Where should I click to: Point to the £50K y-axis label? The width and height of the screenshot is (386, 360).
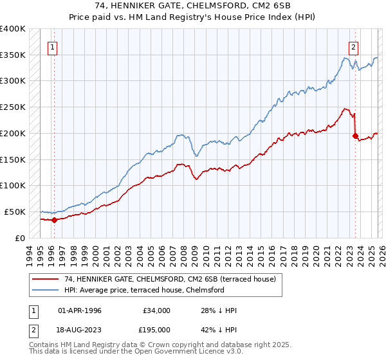15,212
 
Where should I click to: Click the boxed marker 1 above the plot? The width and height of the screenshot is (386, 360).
52,46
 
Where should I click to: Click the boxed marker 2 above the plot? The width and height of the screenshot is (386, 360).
354,46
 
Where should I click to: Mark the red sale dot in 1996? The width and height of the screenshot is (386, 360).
54,220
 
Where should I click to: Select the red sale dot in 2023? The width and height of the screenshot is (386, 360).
355,136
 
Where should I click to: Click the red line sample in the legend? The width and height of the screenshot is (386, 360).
46,279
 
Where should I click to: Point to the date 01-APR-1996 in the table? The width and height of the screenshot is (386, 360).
80,310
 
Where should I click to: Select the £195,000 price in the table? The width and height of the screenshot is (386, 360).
157,330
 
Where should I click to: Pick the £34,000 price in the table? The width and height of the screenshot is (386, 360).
157,310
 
